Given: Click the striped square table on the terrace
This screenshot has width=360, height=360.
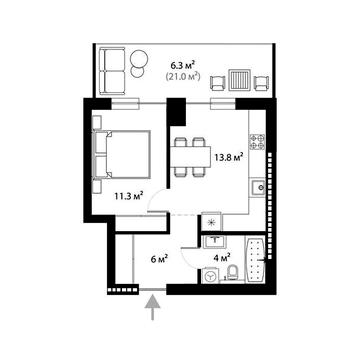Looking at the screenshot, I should point(238,80).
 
